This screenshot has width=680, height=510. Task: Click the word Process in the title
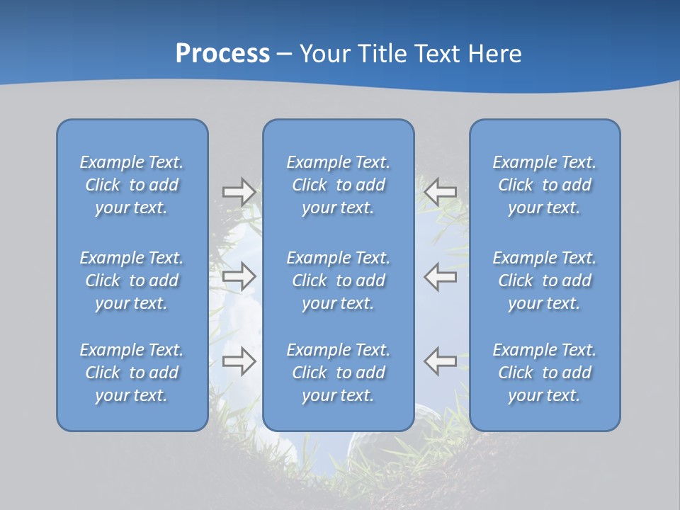click(222, 54)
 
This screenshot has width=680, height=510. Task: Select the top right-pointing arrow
click(239, 192)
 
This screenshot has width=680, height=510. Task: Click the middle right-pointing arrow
click(239, 276)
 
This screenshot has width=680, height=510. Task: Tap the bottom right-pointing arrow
click(239, 361)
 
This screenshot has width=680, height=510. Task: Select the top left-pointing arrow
click(441, 191)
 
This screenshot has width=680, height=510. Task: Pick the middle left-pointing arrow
click(441, 276)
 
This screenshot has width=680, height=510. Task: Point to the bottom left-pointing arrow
click(441, 361)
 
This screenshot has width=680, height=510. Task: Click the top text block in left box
click(132, 185)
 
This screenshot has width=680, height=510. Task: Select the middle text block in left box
click(132, 280)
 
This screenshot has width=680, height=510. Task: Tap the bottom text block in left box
click(132, 373)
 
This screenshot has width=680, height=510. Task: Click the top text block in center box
click(338, 185)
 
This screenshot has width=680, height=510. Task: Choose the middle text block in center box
click(338, 280)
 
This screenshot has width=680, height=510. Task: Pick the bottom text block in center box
click(338, 373)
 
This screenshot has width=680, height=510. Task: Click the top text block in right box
click(544, 185)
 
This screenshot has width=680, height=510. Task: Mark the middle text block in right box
click(544, 280)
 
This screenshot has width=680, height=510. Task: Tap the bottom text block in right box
click(544, 373)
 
